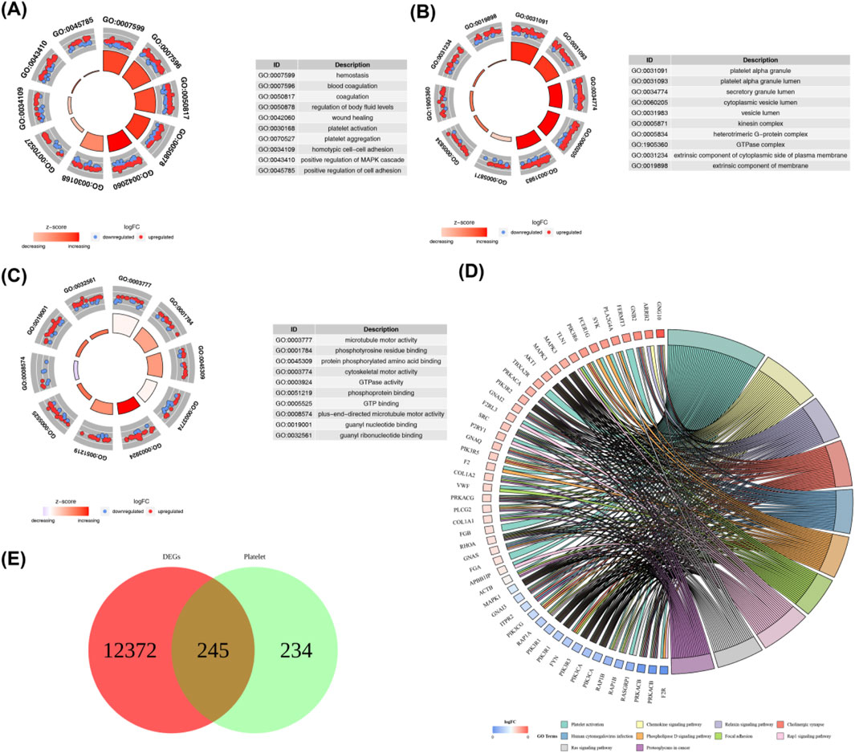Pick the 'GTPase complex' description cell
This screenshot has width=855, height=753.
(x=759, y=145)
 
